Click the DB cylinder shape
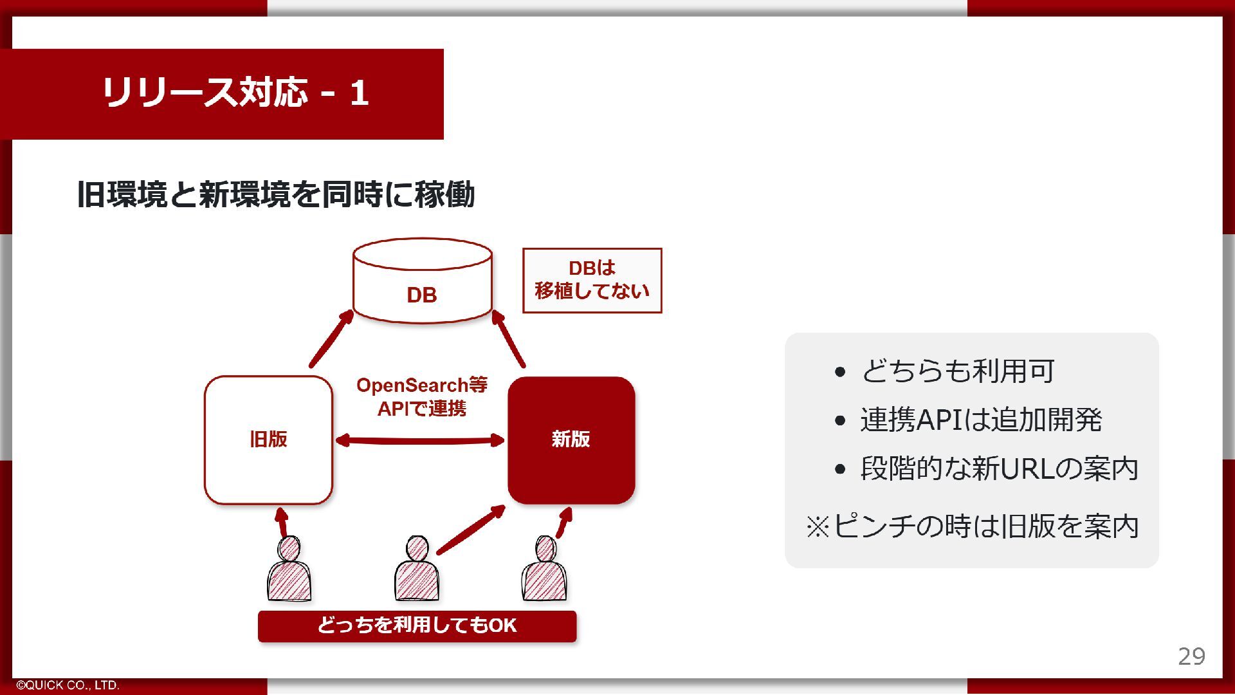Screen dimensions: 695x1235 pos(423,281)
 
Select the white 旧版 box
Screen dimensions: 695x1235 pos(268,440)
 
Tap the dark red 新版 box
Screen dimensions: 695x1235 pos(571,440)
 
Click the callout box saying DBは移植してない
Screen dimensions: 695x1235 pos(592,281)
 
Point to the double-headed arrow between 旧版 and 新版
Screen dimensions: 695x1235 pos(420,441)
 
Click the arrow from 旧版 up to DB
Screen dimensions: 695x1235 pos(331,339)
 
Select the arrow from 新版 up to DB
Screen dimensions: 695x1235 pos(509,339)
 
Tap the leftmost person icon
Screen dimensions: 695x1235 pos(289,571)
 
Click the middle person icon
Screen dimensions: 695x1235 pos(417,571)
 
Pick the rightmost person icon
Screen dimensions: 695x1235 pos(544,571)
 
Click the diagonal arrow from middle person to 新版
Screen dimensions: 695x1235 pos(470,530)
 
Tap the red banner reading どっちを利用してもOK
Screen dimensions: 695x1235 pos(417,625)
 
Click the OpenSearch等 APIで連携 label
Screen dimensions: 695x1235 pos(421,396)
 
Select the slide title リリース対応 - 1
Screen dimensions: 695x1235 pos(235,93)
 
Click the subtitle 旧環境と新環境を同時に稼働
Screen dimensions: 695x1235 pos(275,194)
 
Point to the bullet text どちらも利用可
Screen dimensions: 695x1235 pos(957,371)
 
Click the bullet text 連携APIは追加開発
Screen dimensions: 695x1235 pos(981,420)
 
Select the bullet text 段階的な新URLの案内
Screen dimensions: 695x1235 pos(999,468)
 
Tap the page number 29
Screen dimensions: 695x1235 pos(1191,656)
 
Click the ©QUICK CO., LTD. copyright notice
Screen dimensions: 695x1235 pos(68,685)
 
